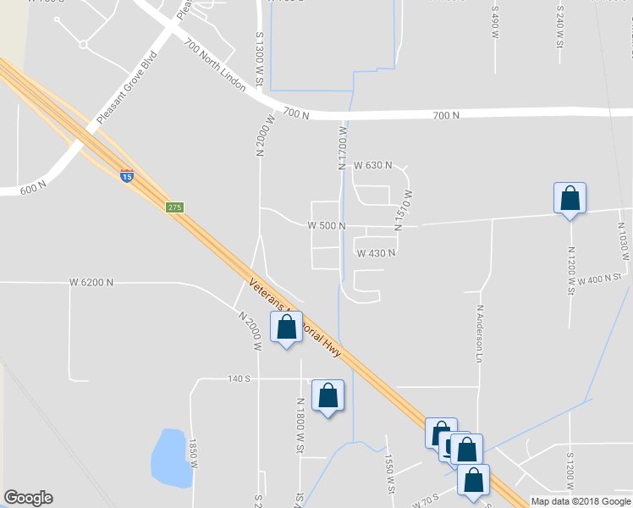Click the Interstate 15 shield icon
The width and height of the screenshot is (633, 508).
pos(126,177)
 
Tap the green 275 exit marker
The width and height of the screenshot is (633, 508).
pos(174,207)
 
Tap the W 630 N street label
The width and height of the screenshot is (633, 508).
pos(372,165)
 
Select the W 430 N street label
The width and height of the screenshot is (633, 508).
pos(376,253)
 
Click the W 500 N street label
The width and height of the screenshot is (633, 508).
pos(326,226)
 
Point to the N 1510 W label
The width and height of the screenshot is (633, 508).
pos(407,211)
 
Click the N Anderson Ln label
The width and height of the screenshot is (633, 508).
pos(478,334)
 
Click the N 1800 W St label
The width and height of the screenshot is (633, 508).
pos(300,428)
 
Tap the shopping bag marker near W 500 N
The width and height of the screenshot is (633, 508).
pos(570,199)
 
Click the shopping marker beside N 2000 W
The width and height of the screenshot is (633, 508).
pos(286,328)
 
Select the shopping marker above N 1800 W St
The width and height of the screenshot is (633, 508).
pos(328,395)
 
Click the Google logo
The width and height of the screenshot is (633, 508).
pos(28,498)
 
